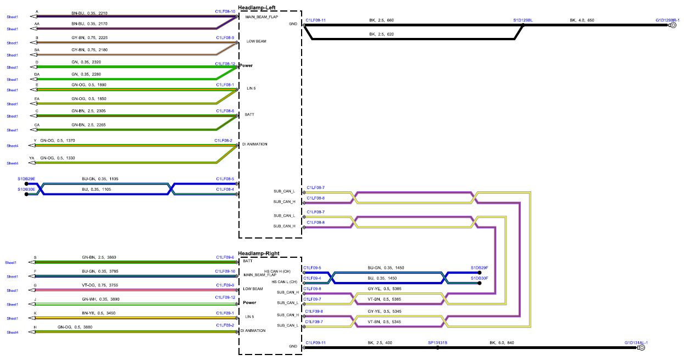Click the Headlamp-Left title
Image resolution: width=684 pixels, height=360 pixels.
coord(257,8)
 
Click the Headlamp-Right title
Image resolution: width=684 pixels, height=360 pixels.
coord(259,253)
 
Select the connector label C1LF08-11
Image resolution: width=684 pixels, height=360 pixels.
coord(315,20)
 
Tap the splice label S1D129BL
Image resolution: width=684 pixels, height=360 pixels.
coord(523,20)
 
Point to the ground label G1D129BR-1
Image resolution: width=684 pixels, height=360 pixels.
coord(668,20)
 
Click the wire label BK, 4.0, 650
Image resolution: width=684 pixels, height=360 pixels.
coord(582,20)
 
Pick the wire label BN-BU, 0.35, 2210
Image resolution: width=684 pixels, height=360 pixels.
coord(90,13)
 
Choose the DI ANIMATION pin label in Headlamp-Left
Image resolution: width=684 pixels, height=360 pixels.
coord(255,144)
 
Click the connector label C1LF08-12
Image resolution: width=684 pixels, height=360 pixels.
coord(225,64)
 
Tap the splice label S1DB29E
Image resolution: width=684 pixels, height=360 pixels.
coord(26,179)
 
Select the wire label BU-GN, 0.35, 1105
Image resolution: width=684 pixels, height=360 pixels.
coord(100,179)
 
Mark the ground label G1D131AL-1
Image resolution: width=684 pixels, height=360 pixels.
coord(636,342)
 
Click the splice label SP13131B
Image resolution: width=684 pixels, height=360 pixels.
coord(437,342)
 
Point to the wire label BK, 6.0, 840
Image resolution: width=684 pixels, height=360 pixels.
coord(502,342)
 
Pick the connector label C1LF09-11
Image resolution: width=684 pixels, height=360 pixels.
coord(315,342)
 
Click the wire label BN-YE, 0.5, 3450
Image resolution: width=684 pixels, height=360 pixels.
coord(99,313)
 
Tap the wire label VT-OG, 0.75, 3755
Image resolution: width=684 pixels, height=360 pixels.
coord(100,285)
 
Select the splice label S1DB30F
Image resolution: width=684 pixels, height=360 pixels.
coord(480,278)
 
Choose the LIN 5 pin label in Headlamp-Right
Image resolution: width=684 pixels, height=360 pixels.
coord(249,317)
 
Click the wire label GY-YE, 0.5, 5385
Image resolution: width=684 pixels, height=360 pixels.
coord(385,289)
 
